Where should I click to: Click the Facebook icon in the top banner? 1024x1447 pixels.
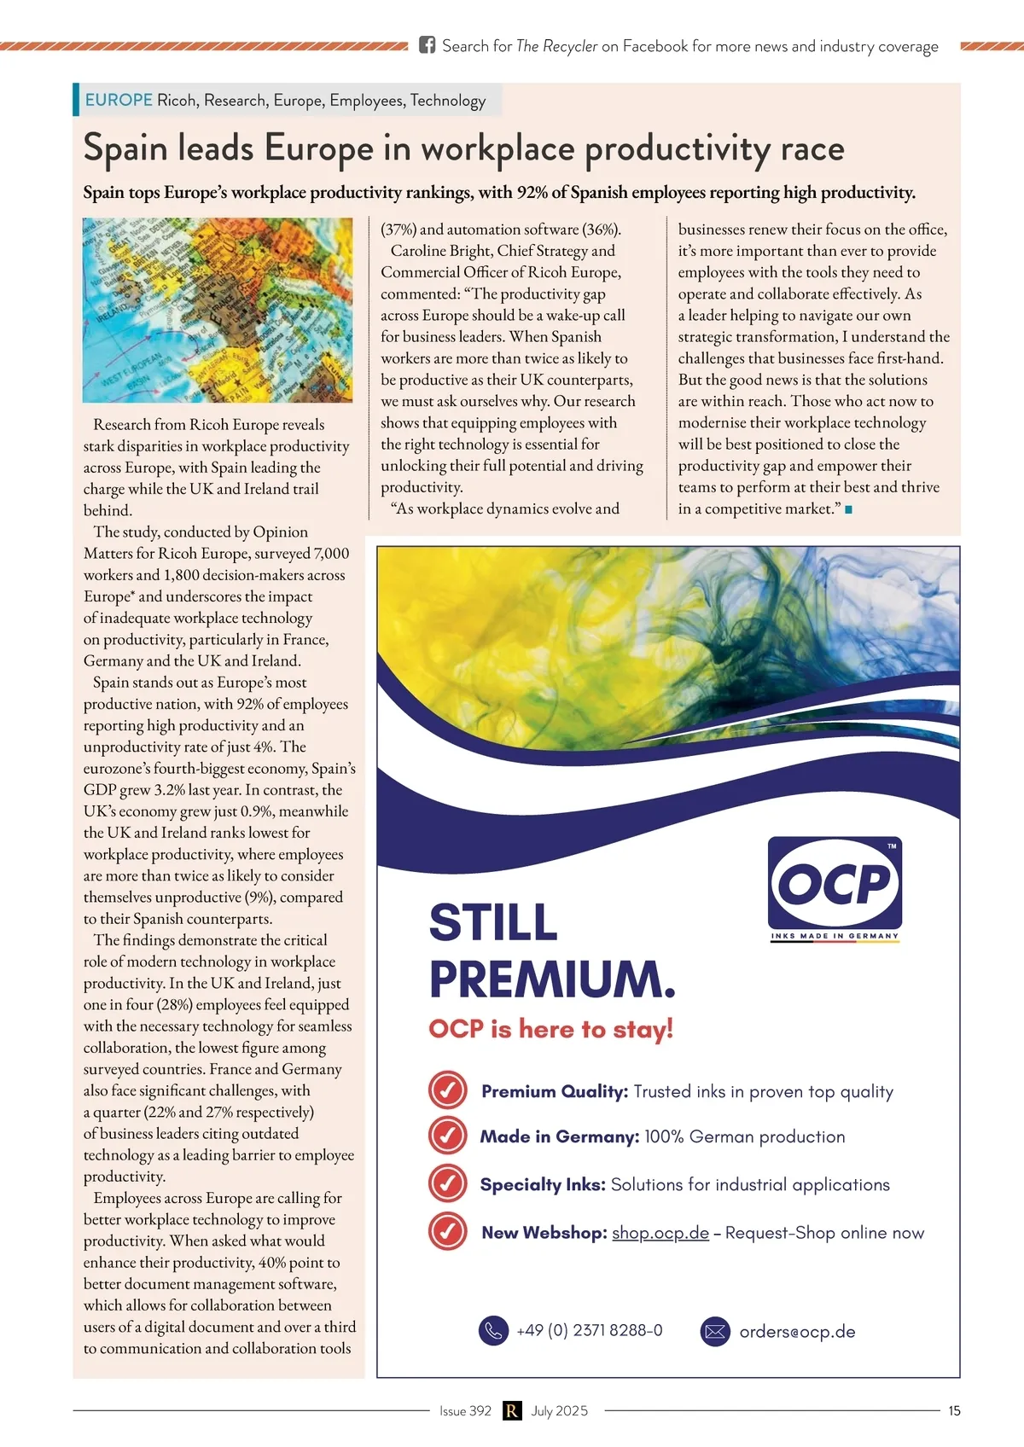pos(427,45)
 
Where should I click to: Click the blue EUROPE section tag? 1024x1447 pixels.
pos(119,100)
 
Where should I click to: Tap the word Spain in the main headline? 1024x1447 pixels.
pos(125,148)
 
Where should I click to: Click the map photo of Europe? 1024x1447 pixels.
pos(218,310)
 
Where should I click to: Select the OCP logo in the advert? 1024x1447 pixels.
pos(835,884)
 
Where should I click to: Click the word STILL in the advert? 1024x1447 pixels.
pos(493,922)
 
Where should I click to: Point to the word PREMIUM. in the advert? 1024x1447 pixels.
pos(552,979)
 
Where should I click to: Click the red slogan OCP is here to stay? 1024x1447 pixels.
pos(551,1028)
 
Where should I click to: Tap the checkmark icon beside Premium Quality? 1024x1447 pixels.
pos(447,1090)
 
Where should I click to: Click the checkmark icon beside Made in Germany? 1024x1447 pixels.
pos(447,1136)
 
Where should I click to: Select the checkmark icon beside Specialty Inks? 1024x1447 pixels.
pos(447,1183)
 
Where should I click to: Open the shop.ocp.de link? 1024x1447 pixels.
pos(660,1233)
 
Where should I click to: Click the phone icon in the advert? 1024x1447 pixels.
pos(493,1330)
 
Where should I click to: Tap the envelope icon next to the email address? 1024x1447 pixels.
pos(715,1331)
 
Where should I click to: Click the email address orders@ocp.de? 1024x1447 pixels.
pos(797,1332)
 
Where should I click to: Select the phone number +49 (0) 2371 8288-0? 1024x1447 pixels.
pos(589,1330)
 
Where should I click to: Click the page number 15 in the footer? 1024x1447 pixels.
pos(954,1410)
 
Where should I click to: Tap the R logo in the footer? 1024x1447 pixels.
pos(511,1410)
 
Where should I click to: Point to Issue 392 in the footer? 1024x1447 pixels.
pos(465,1410)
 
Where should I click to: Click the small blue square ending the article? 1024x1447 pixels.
pos(848,509)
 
